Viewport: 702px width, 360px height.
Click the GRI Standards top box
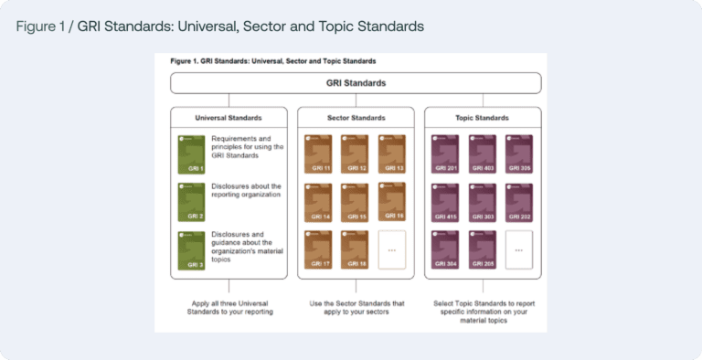(x=356, y=83)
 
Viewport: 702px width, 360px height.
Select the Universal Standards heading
(x=229, y=118)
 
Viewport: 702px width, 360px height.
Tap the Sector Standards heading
(x=356, y=118)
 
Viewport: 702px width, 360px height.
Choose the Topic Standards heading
(x=483, y=118)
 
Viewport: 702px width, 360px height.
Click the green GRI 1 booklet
(x=191, y=153)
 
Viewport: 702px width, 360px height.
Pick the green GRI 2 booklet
(x=191, y=202)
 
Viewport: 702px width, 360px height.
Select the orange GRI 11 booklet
(x=317, y=153)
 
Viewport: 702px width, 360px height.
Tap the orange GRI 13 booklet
(x=391, y=153)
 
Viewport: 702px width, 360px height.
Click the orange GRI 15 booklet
(x=355, y=202)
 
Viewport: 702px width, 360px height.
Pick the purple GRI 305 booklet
(x=518, y=153)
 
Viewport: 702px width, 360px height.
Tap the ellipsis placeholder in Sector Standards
(x=391, y=249)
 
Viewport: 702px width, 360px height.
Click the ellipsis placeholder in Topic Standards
(x=518, y=249)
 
